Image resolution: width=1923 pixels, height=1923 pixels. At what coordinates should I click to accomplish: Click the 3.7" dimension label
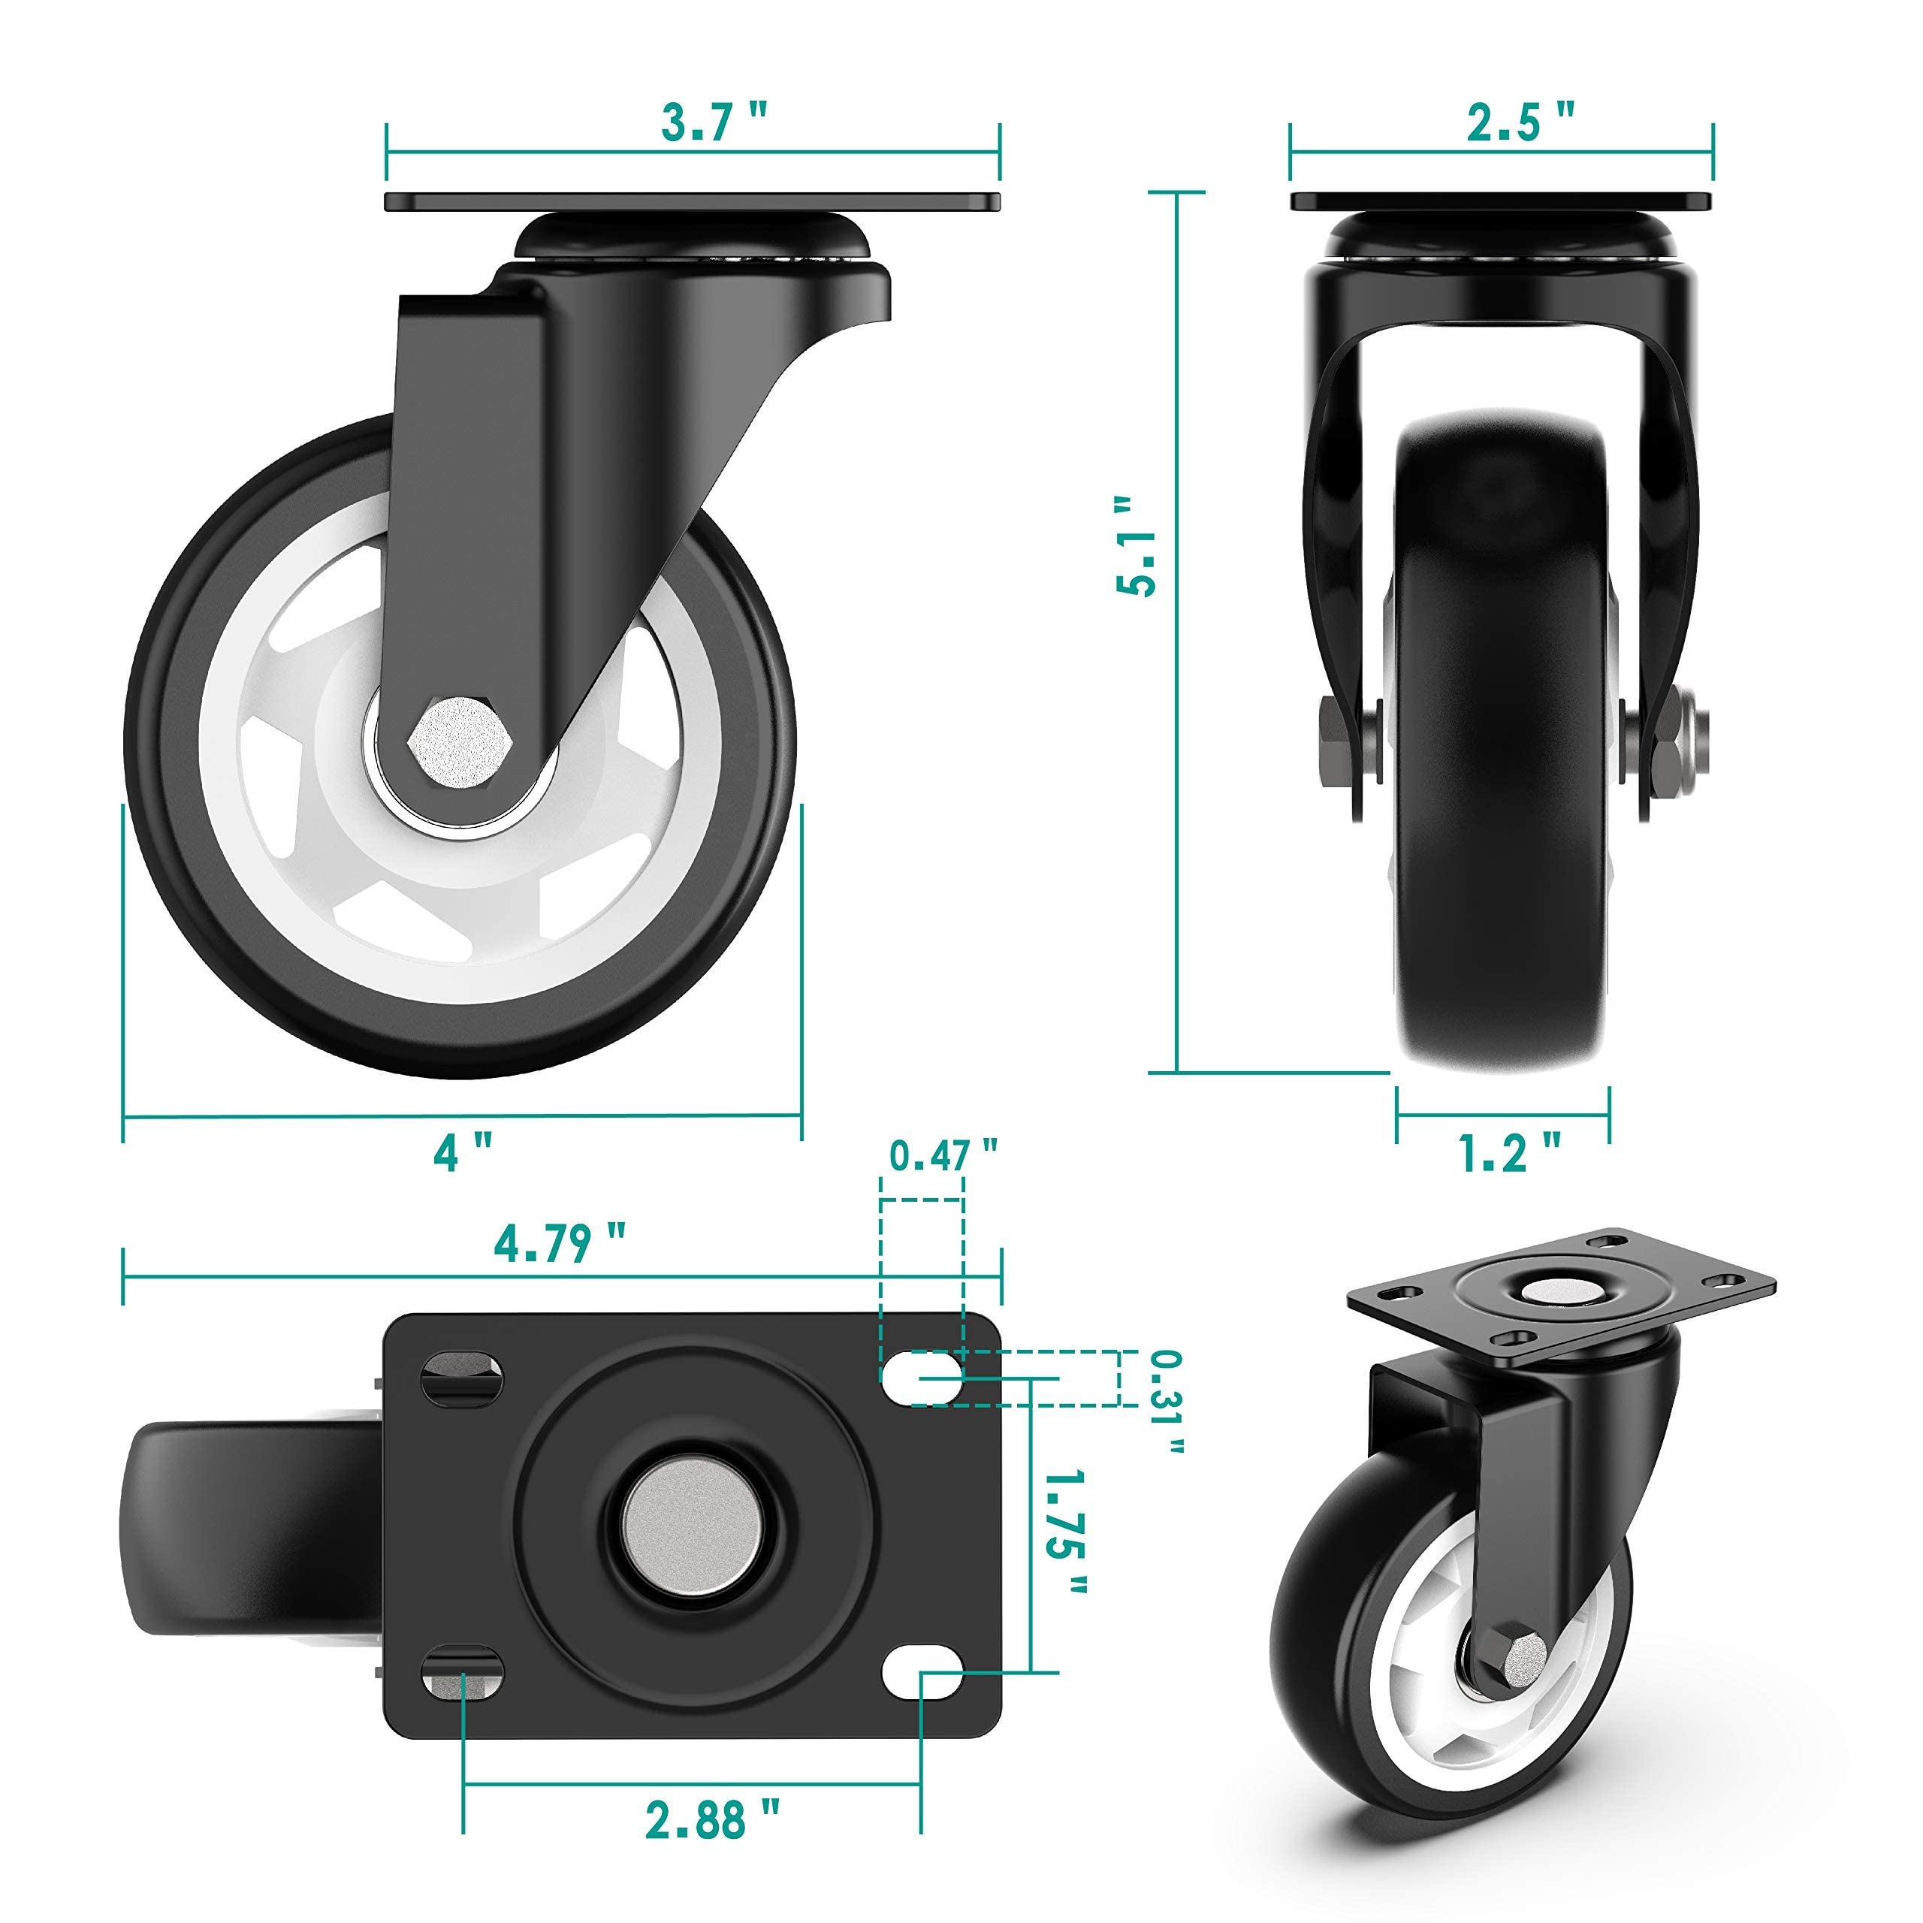tap(714, 123)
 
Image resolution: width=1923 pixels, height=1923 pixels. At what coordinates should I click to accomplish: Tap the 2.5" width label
tap(1520, 123)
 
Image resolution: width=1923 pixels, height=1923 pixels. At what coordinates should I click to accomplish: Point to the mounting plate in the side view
tap(693, 202)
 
